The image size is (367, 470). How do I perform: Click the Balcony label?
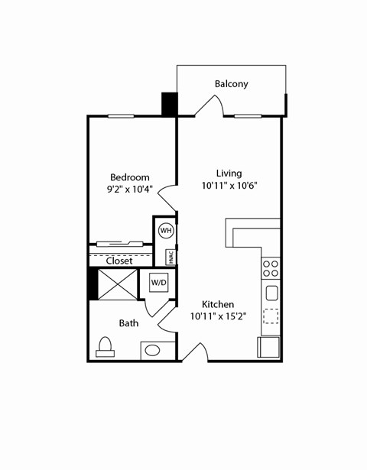point(231,83)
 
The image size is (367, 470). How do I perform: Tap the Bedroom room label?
point(129,177)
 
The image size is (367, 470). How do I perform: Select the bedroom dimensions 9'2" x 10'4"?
point(129,190)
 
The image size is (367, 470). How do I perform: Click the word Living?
point(229,173)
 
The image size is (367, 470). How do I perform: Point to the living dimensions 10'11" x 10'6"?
point(229,186)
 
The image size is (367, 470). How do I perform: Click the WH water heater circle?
point(166,230)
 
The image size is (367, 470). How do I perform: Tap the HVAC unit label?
point(172,257)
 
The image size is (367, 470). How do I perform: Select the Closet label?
point(119,261)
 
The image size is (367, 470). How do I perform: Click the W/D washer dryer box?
point(159,282)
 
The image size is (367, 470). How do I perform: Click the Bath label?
point(128,323)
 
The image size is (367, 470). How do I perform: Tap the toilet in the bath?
point(106,348)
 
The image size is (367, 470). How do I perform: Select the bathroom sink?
point(153,351)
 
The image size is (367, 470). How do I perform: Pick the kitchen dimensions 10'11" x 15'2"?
point(229,316)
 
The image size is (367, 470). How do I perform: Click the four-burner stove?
point(271,268)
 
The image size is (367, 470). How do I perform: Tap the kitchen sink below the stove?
point(271,293)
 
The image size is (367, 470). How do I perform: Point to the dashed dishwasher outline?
point(271,316)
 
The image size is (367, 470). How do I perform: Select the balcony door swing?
point(207,106)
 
